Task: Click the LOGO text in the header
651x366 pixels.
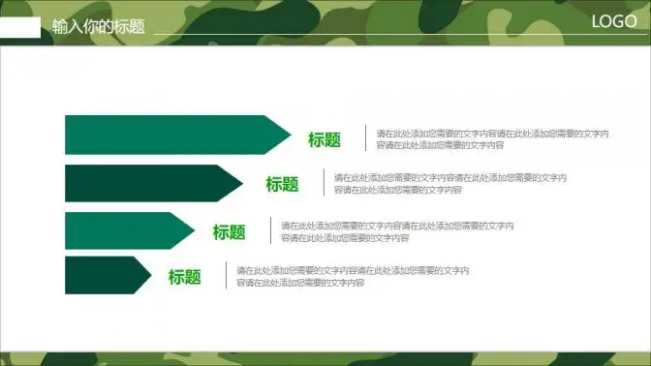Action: click(613, 22)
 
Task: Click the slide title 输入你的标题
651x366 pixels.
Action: click(99, 26)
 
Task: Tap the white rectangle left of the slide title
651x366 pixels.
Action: click(20, 27)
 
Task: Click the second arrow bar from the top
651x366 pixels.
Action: click(145, 183)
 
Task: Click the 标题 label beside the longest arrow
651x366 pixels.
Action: click(325, 139)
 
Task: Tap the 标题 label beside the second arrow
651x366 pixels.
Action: click(282, 184)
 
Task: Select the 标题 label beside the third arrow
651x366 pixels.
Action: click(230, 232)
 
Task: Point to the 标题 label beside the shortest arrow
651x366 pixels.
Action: click(185, 277)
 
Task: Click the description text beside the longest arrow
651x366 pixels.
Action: click(492, 138)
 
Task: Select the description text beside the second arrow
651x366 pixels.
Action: click(449, 183)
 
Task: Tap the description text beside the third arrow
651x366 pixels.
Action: click(397, 231)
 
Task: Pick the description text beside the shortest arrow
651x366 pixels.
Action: click(353, 276)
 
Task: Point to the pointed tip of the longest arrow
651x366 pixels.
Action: click(287, 135)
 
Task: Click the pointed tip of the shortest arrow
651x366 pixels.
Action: click(149, 276)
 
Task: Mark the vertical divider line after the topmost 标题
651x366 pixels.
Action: click(365, 138)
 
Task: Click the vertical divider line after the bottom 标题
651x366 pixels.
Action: click(226, 276)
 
